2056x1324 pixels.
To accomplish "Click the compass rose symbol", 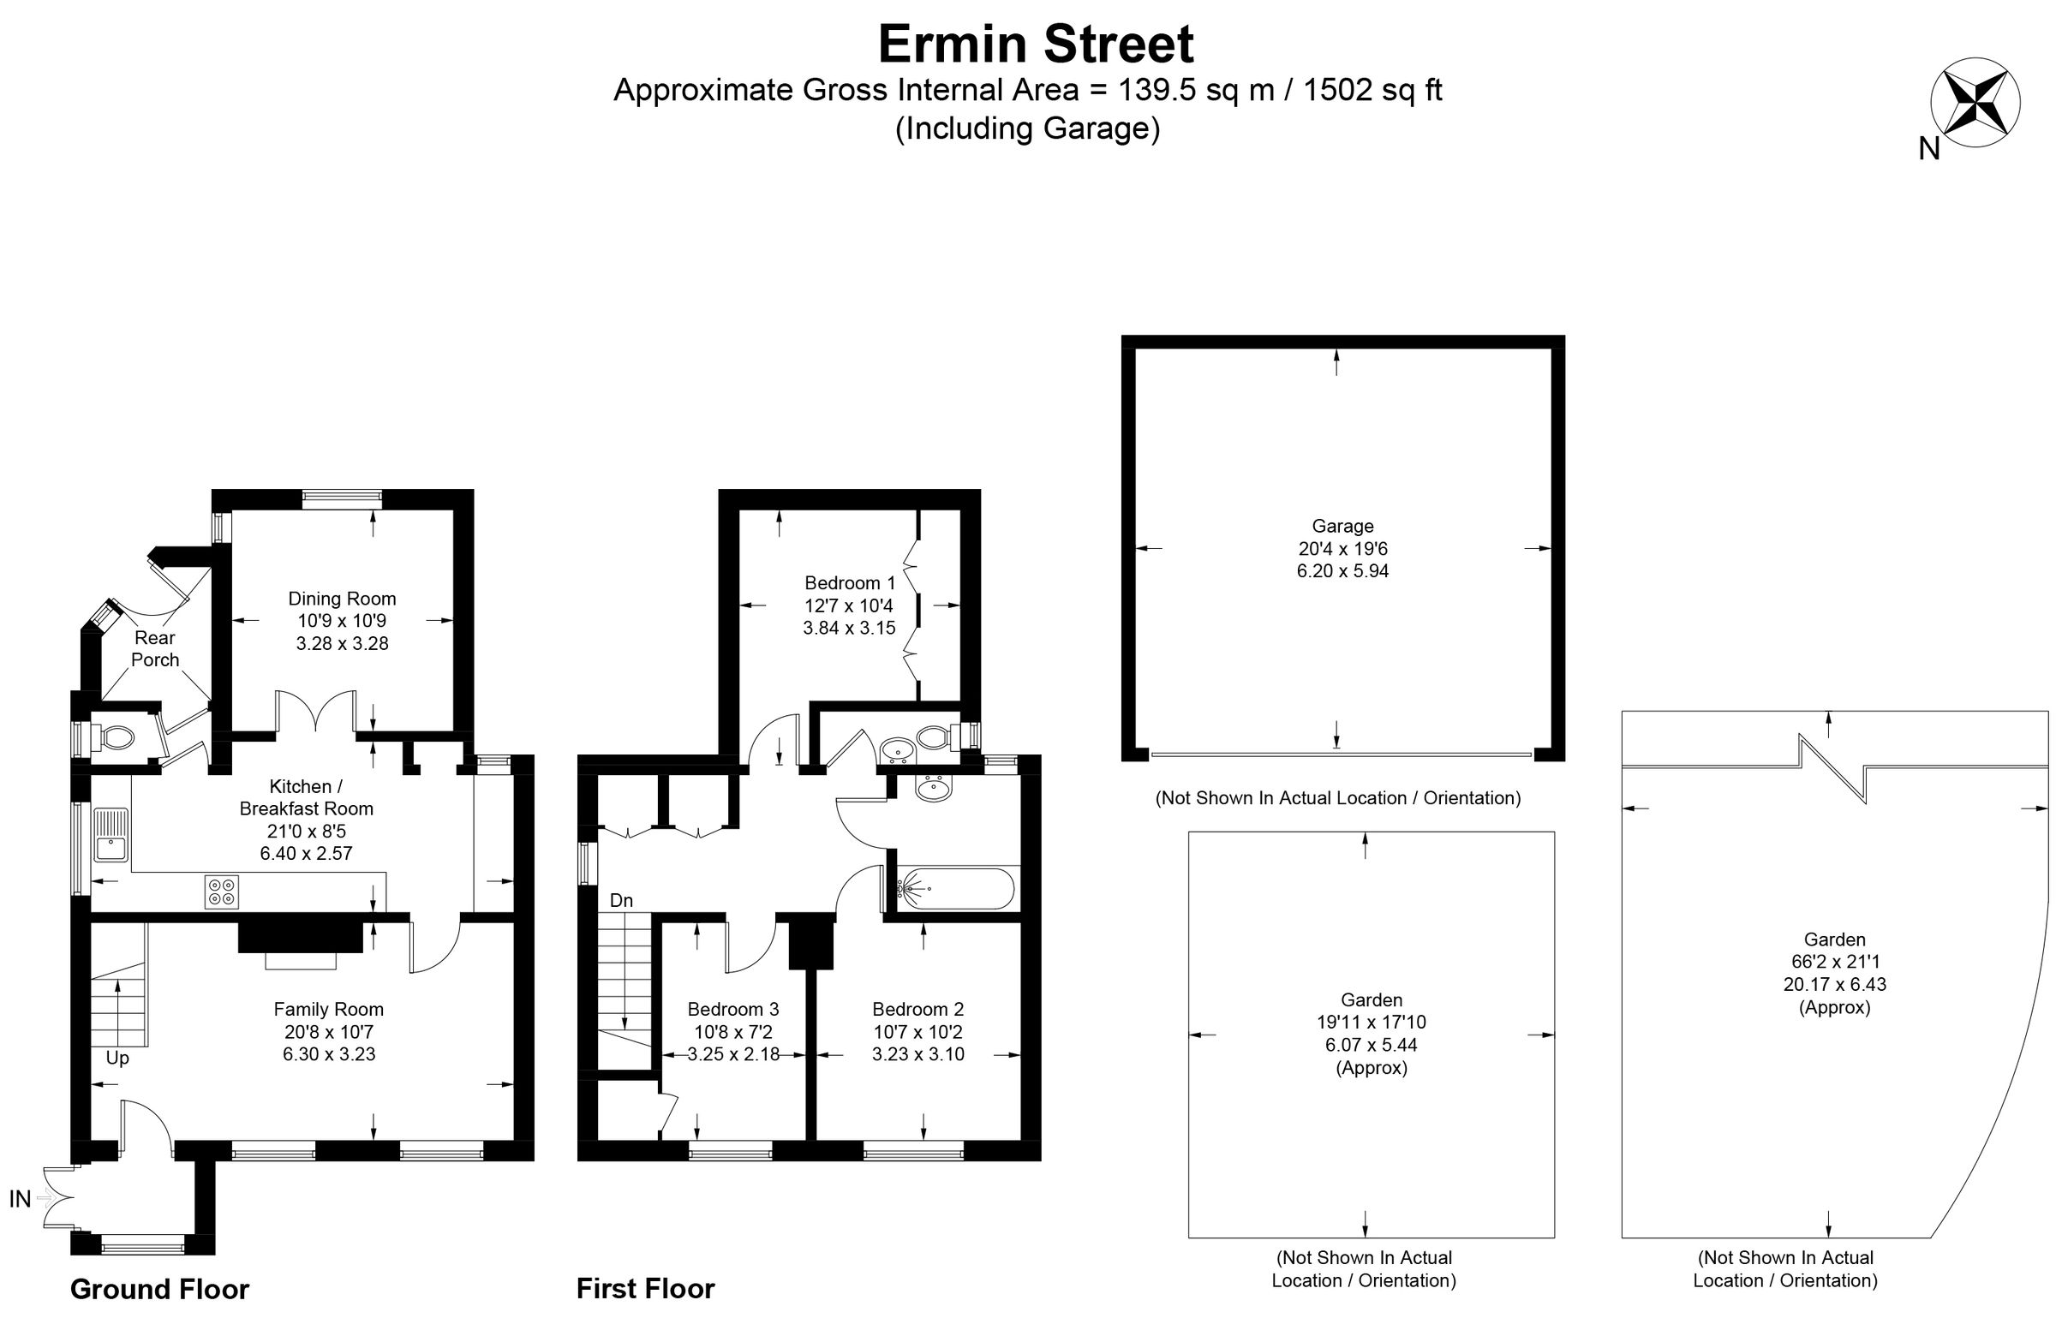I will pyautogui.click(x=1975, y=102).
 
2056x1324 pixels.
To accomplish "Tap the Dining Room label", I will pyautogui.click(x=341, y=599).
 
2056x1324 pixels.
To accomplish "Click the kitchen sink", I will pyautogui.click(x=111, y=834).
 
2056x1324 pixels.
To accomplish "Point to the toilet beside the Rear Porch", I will pyautogui.click(x=117, y=737).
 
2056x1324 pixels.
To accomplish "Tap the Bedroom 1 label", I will pyautogui.click(x=849, y=583).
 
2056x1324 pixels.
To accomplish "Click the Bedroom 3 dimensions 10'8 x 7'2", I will pyautogui.click(x=732, y=1031).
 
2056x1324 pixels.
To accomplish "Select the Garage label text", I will pyautogui.click(x=1342, y=526).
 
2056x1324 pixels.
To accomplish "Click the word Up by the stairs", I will pyautogui.click(x=118, y=1058).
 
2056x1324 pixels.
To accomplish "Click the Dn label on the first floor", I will pyautogui.click(x=621, y=900).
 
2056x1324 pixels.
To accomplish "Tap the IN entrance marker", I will pyautogui.click(x=21, y=1198).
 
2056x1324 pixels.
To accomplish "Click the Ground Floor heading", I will pyautogui.click(x=159, y=1289).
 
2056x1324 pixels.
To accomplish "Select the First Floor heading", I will pyautogui.click(x=645, y=1288).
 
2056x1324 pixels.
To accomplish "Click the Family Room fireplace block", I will pyautogui.click(x=300, y=934).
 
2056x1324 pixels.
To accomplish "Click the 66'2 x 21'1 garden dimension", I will pyautogui.click(x=1834, y=962).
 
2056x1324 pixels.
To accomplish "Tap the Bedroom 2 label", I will pyautogui.click(x=917, y=1009).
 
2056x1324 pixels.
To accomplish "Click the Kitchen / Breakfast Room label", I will pyautogui.click(x=306, y=797).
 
